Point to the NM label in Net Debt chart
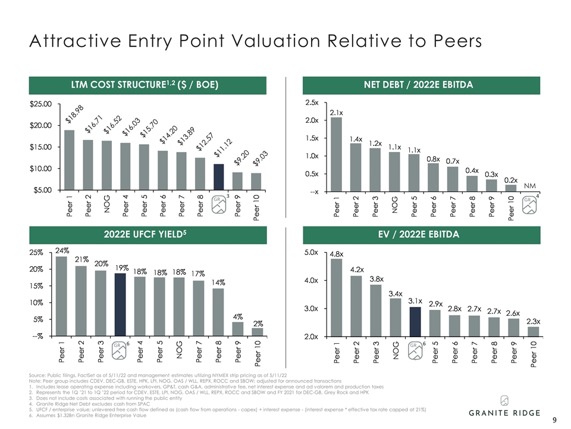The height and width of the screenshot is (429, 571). pos(529,186)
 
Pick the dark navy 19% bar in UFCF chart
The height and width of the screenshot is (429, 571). pos(120,304)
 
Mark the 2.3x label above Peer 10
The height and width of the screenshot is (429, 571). pos(533,321)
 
